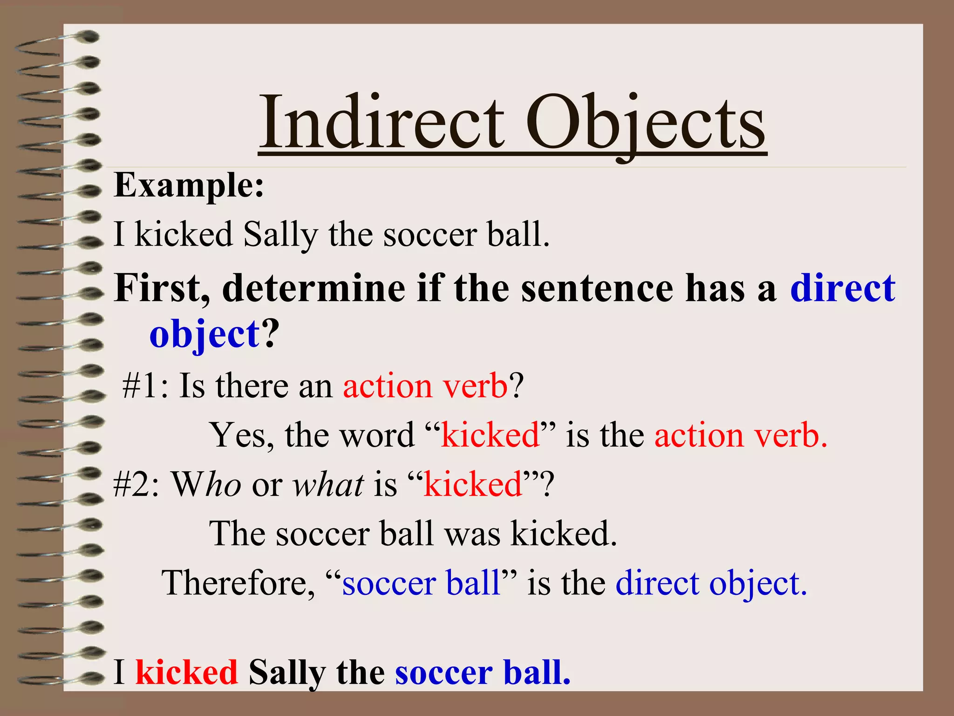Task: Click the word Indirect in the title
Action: tap(382, 122)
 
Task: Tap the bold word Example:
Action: tap(189, 186)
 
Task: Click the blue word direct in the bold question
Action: tap(843, 288)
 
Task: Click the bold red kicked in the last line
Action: tap(186, 672)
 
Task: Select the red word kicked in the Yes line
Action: tap(490, 435)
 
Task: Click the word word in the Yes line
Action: tap(377, 435)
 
